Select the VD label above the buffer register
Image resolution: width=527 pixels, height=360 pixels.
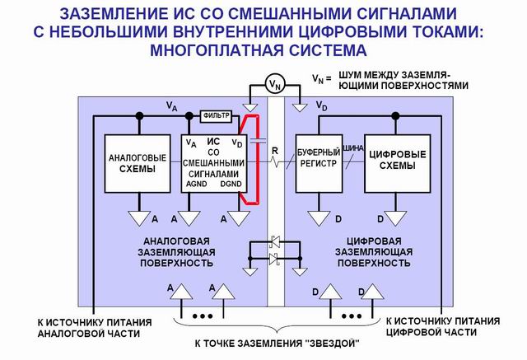click(321, 108)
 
